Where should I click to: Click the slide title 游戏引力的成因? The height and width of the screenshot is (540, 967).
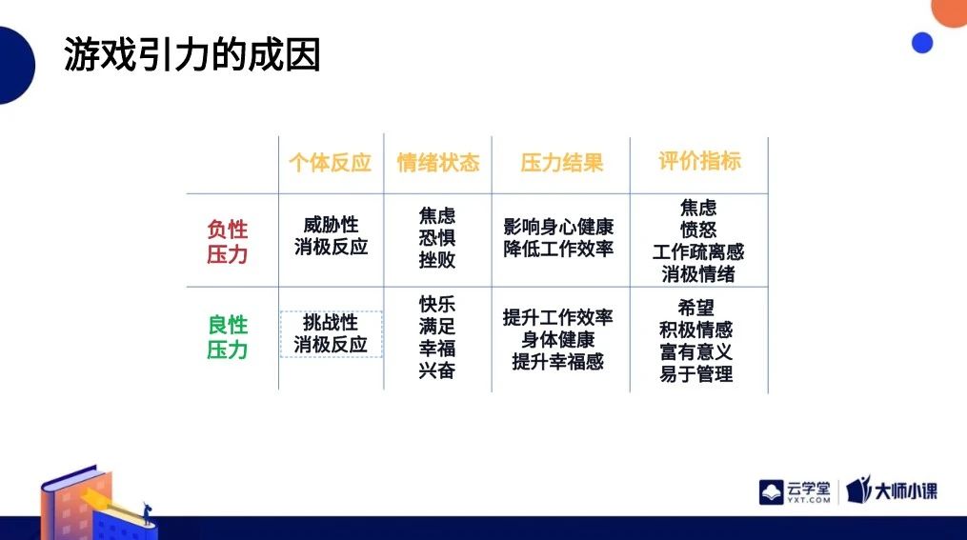(x=191, y=55)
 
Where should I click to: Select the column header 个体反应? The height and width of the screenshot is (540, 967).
(x=331, y=163)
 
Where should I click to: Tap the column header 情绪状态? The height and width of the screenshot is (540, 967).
(x=438, y=163)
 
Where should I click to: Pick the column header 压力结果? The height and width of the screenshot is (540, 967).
(x=561, y=163)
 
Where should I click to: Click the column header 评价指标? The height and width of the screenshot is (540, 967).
(x=699, y=161)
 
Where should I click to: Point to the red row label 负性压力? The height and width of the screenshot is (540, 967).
(x=228, y=242)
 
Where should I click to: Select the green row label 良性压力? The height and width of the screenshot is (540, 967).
(x=228, y=336)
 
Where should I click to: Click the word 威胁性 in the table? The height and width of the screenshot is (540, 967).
(x=331, y=225)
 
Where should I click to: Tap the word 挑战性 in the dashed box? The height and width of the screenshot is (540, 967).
(x=331, y=323)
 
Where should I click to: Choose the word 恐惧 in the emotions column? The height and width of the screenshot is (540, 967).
(x=437, y=238)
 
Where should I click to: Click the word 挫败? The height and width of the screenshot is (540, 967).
(x=437, y=259)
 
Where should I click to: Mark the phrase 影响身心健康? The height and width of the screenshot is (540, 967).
(x=558, y=227)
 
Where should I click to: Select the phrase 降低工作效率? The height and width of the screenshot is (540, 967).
(x=558, y=249)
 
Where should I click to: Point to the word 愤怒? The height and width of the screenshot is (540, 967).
(x=698, y=230)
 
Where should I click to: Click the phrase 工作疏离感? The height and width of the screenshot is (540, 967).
(x=698, y=251)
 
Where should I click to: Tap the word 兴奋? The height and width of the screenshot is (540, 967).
(x=437, y=370)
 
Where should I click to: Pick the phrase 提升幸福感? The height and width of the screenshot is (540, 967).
(x=558, y=361)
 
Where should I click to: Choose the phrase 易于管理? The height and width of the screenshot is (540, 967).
(x=696, y=373)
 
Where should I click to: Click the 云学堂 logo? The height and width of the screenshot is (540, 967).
(x=795, y=492)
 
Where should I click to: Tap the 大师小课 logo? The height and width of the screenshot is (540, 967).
(x=892, y=490)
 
